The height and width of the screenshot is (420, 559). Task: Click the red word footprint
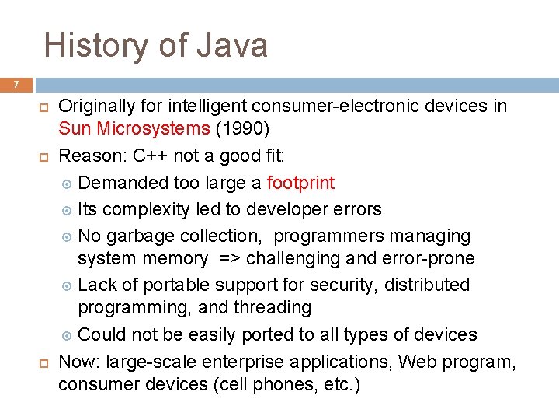[x=300, y=183]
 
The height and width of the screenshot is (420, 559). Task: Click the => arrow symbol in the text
[x=231, y=258]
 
